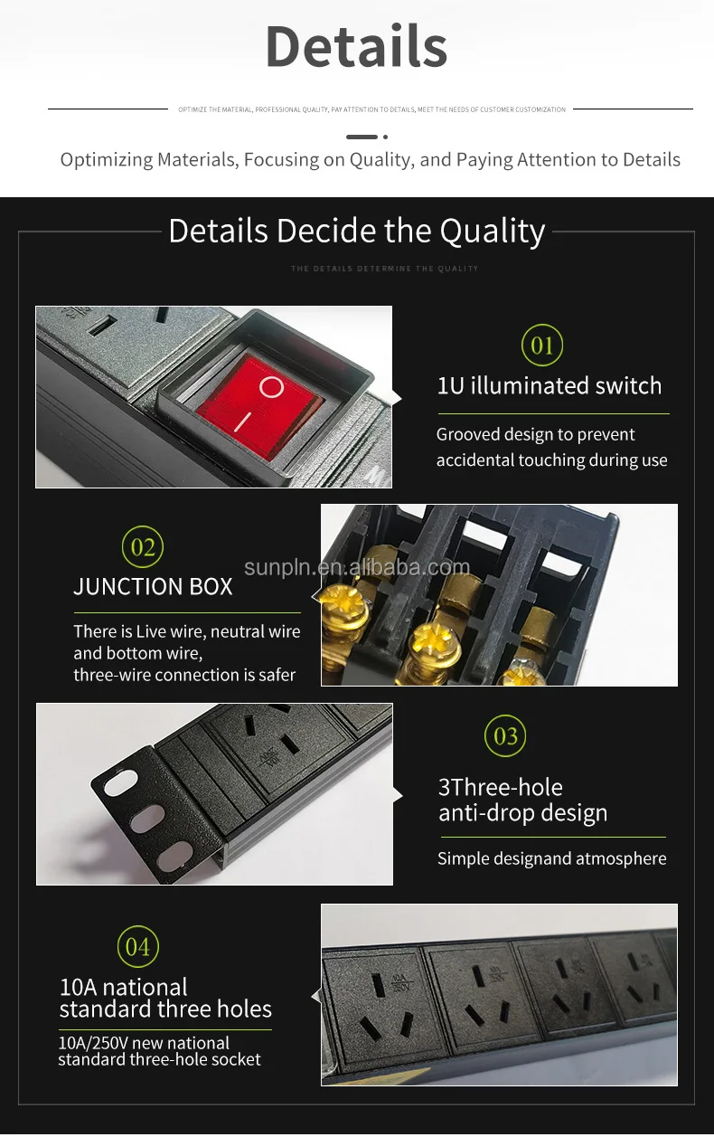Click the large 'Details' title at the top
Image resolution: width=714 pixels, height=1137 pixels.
click(356, 47)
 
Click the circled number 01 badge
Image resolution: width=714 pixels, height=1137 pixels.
click(541, 346)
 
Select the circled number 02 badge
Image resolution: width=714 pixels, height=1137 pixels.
click(143, 547)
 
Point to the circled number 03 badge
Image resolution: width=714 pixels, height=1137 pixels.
click(505, 736)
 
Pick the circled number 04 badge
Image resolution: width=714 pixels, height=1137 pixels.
click(137, 947)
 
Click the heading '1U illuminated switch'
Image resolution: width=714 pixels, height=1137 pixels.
click(549, 386)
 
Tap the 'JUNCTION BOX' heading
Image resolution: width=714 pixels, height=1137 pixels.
click(153, 587)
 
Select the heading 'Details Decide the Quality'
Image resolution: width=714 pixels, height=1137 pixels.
click(356, 232)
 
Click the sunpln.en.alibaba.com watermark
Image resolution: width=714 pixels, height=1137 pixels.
click(357, 567)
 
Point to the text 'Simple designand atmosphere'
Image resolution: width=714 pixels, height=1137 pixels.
click(551, 858)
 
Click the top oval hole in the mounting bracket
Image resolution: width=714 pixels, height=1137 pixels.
click(119, 783)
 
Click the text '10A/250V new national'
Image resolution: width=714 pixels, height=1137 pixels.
click(144, 1042)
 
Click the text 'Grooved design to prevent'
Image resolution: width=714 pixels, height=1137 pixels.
click(535, 434)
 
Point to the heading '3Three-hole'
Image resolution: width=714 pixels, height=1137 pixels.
click(500, 787)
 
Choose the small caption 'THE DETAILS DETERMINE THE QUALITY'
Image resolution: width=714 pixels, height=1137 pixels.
click(384, 269)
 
